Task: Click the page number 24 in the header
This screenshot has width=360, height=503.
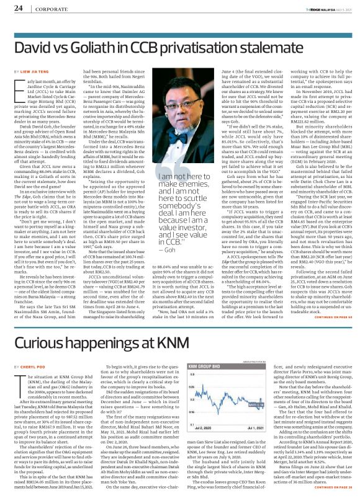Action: (18, 9)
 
